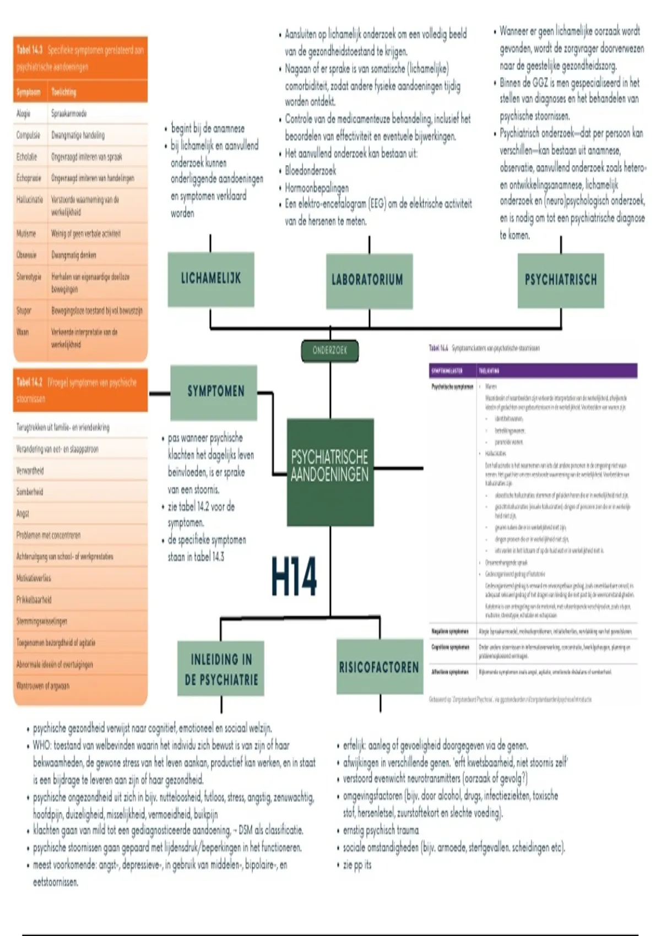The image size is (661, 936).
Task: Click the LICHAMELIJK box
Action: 211,279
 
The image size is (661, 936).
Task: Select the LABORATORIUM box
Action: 369,280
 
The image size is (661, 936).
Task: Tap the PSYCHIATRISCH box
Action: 561,280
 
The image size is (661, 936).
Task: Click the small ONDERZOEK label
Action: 330,351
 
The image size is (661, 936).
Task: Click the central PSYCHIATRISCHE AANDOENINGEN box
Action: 330,466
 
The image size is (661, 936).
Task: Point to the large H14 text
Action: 294,576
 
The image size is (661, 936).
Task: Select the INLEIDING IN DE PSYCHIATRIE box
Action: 221,668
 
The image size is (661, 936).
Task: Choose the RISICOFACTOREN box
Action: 379,667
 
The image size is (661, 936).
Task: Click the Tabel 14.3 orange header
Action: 80,58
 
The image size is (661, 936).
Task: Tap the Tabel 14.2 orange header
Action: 80,390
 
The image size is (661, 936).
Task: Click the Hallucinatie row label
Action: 29,200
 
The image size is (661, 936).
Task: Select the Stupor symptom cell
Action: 24,311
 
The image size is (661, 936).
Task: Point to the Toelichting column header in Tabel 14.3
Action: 64,92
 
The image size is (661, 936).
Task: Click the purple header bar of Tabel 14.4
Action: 533,371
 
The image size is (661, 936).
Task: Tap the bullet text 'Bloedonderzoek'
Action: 311,171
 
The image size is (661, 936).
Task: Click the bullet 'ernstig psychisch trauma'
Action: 381,830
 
